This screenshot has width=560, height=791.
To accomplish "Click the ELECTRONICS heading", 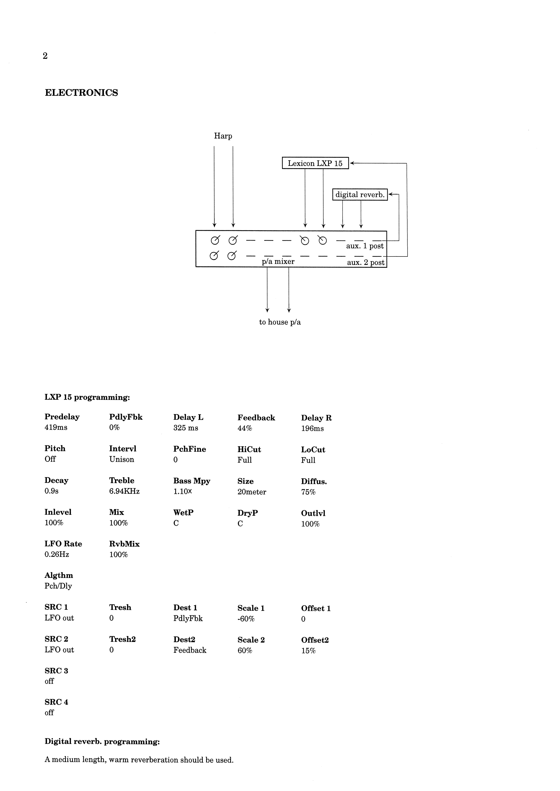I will pos(81,93).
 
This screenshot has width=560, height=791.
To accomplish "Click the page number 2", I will pos(45,56).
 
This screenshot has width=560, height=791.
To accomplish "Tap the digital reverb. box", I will pos(360,195).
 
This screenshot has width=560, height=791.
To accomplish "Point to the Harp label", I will pos(223,136).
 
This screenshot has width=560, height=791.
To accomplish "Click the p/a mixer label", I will pos(278,261).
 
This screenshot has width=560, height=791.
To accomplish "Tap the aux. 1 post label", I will pos(365,246).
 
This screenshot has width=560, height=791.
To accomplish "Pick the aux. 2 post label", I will pos(365,263).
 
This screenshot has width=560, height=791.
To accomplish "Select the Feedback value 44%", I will pos(245,428).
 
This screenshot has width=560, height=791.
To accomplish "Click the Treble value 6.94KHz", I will pos(124,491).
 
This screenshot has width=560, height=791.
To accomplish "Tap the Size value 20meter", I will pos(252,492).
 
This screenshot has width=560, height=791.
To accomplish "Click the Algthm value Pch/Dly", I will pos(58,586).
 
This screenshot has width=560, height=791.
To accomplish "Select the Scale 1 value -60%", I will pos(246,619).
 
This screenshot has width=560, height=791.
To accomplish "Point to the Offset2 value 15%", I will pos(308,651).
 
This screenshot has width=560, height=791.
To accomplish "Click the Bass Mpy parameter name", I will pos(192,481).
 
